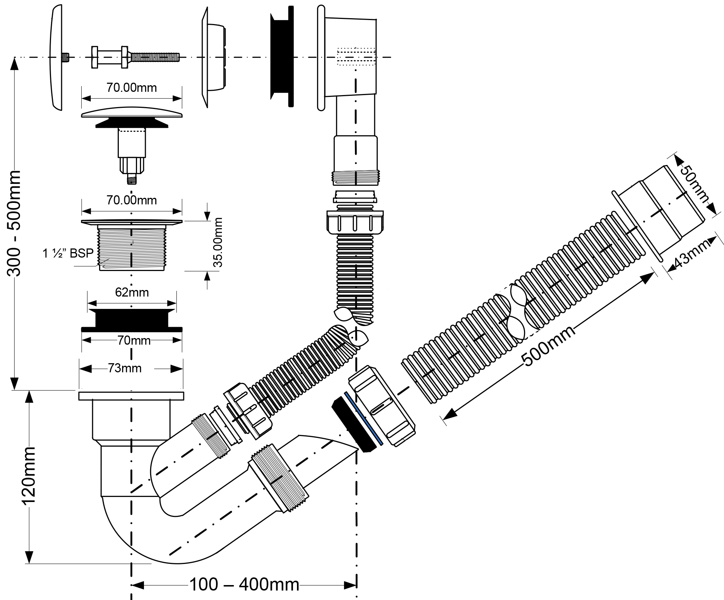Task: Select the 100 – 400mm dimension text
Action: tap(244, 585)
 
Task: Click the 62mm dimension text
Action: tap(132, 292)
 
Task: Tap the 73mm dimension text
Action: tap(125, 368)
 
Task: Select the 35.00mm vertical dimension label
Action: tap(218, 242)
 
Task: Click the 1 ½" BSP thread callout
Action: tap(68, 253)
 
